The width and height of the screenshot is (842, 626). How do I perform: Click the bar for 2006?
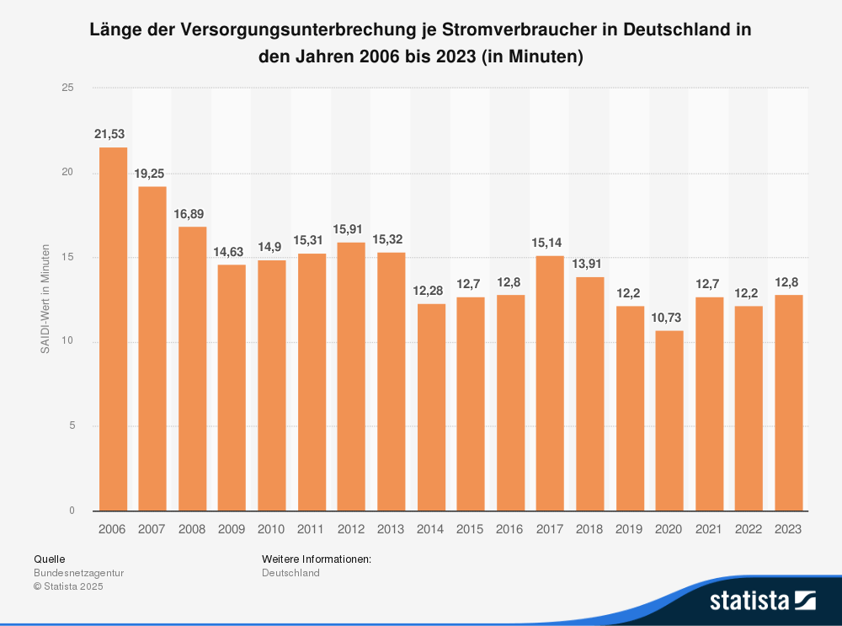(x=113, y=329)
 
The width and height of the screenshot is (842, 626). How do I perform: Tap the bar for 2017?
(x=550, y=383)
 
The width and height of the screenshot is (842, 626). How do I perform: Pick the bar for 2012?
(x=351, y=376)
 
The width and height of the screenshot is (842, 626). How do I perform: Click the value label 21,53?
(x=113, y=135)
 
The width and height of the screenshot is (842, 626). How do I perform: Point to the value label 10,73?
(x=669, y=318)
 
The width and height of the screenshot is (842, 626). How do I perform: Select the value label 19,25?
(x=152, y=174)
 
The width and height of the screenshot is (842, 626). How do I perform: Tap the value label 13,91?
(x=589, y=264)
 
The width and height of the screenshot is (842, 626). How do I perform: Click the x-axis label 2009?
(x=232, y=529)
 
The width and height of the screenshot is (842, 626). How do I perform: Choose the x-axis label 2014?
(x=430, y=529)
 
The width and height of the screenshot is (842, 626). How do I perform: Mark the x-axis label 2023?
(x=788, y=529)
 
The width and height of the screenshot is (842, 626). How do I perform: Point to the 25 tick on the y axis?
(x=68, y=88)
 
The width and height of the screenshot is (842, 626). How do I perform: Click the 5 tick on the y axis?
(x=72, y=426)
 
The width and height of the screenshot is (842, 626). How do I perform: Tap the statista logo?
(x=762, y=600)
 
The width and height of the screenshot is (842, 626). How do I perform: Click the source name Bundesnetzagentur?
(x=78, y=573)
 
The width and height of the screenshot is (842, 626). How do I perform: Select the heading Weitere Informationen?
(x=317, y=559)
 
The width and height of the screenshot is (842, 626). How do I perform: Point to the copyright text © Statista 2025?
(x=68, y=586)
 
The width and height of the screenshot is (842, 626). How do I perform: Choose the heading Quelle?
(x=49, y=559)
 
